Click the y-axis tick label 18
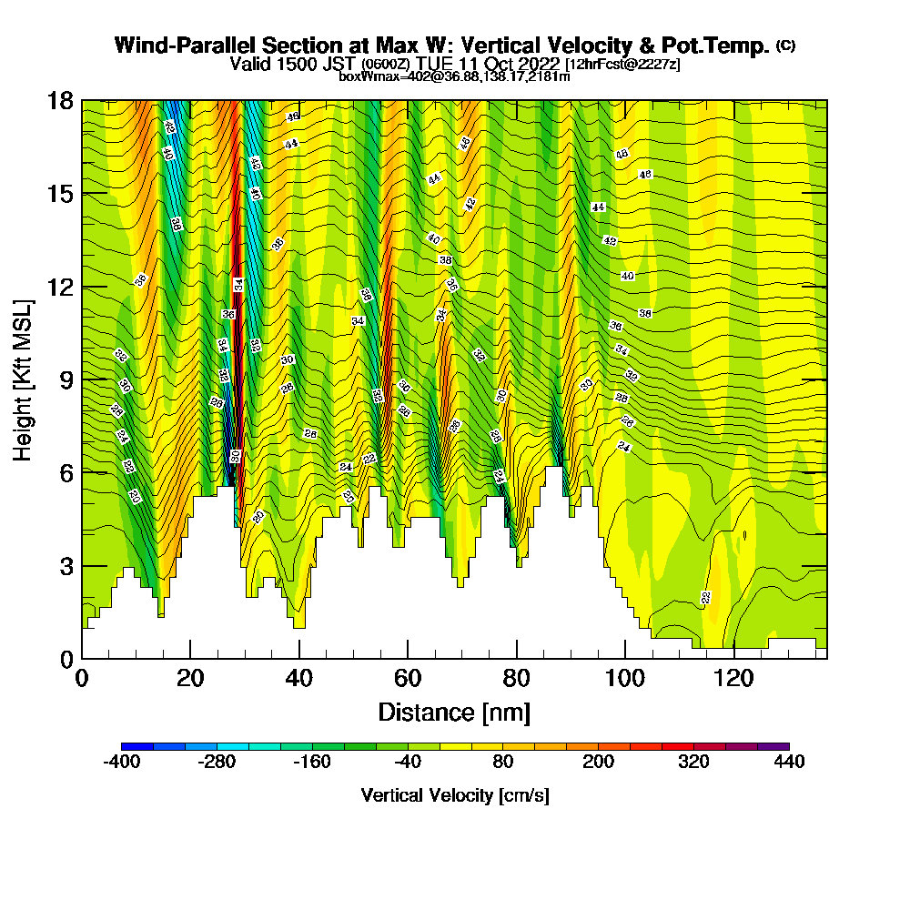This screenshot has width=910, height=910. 61,101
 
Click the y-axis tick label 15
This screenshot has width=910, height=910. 61,194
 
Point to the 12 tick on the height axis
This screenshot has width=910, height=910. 61,287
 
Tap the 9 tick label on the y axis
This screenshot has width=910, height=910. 67,379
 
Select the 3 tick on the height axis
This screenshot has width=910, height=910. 67,565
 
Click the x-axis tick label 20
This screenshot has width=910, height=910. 190,678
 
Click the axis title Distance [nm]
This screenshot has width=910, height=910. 454,711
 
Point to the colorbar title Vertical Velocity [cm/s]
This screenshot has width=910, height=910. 455,795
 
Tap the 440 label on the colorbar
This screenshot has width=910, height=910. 789,763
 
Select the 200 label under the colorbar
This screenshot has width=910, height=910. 598,763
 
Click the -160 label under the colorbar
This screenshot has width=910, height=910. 312,763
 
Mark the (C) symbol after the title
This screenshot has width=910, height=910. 785,45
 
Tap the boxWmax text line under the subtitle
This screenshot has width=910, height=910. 454,76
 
